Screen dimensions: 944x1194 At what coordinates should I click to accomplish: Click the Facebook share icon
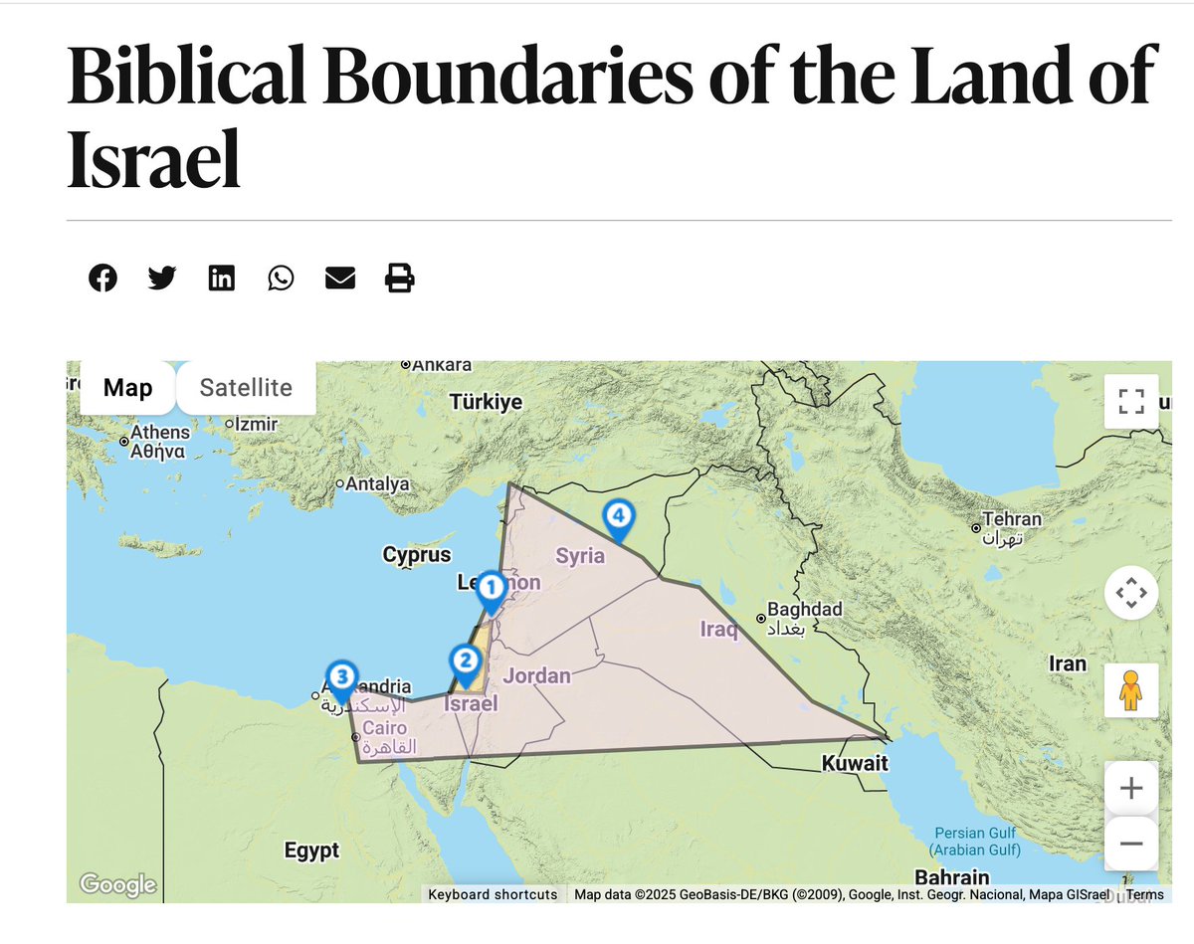point(102,278)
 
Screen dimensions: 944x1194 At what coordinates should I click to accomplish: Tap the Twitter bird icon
point(162,278)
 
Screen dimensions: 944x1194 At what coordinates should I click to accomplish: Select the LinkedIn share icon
point(222,278)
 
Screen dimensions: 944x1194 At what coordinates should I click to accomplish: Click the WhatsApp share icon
point(281,278)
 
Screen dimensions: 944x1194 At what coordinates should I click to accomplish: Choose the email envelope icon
point(340,278)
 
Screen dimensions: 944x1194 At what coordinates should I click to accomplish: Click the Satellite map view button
point(246,387)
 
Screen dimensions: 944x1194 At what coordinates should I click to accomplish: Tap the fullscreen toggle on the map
point(1131,401)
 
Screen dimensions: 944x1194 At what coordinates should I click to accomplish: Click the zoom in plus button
point(1131,789)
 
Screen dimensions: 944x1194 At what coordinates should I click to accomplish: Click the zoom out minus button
point(1131,844)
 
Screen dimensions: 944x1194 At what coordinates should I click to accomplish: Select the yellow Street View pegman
point(1131,689)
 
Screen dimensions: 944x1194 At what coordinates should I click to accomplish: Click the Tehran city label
point(1012,519)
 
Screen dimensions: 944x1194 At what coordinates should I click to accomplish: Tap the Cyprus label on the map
point(417,555)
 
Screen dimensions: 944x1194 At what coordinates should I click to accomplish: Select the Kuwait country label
point(854,764)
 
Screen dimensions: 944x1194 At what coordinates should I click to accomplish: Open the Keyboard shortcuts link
point(493,894)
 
